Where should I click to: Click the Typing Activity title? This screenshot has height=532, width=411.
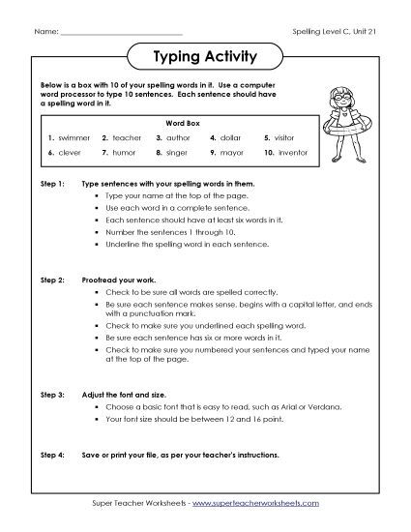[x=205, y=56]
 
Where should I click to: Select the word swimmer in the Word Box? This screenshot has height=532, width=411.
[x=73, y=137]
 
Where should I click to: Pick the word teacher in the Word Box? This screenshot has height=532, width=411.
[x=127, y=137]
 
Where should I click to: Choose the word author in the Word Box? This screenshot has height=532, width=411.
[x=182, y=137]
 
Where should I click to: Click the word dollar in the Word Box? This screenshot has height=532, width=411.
[x=232, y=137]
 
